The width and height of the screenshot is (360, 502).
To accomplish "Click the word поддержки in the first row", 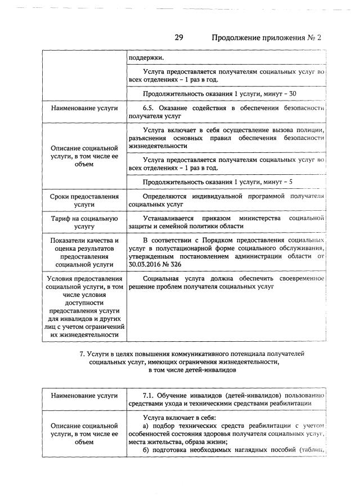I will (143, 57).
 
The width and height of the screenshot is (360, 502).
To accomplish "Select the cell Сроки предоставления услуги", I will (84, 201).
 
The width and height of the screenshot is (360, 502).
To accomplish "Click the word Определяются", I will (165, 196).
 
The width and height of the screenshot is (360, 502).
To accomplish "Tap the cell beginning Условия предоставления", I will (84, 306).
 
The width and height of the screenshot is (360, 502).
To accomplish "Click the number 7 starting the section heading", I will (82, 354).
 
